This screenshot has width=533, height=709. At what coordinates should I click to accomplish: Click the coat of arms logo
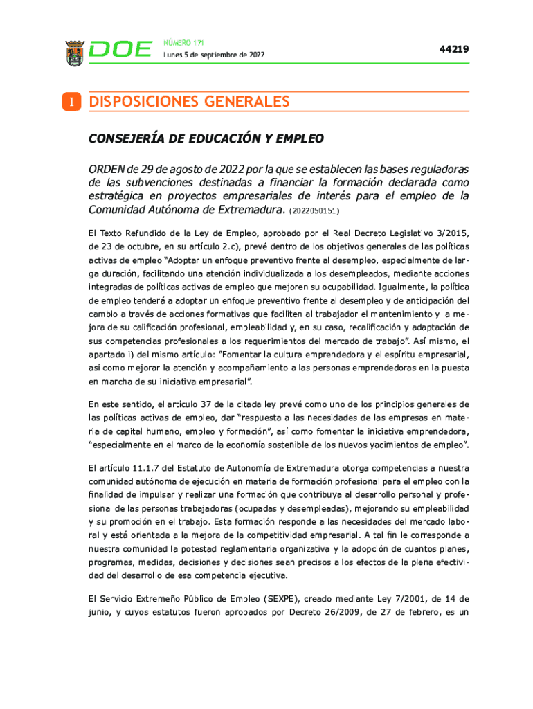(x=74, y=53)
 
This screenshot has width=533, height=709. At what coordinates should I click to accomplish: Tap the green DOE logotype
(x=120, y=51)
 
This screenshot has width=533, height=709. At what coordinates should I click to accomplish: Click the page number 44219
(x=454, y=49)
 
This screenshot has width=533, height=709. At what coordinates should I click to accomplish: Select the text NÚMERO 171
(x=179, y=43)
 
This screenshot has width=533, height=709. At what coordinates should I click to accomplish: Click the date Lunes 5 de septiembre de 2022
(x=213, y=55)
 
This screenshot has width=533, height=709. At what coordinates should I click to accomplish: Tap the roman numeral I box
(x=71, y=102)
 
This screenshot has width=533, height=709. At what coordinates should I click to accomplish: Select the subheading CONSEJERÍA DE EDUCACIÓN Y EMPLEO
(x=206, y=138)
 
